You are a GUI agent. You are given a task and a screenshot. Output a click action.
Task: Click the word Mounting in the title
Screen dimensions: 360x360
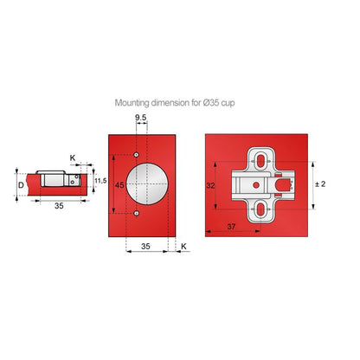tap(134, 102)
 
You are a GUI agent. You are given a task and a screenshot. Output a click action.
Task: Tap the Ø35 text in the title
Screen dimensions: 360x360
tap(219, 102)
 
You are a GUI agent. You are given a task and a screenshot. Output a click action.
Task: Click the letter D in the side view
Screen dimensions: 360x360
tap(21, 184)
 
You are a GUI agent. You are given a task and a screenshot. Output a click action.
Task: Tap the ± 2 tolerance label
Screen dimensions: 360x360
tap(319, 183)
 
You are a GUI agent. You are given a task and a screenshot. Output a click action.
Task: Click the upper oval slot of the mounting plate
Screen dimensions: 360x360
tap(258, 161)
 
